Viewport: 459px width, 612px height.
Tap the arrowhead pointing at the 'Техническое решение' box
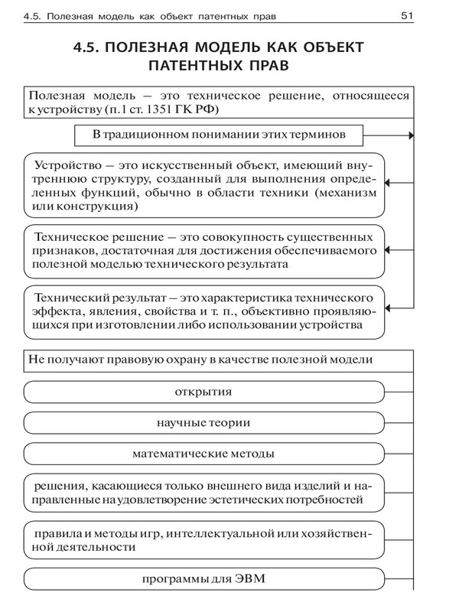[388, 250]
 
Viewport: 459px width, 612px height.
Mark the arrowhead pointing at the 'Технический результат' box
[388, 311]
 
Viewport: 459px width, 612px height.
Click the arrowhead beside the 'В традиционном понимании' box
[411, 135]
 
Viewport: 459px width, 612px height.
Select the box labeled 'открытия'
[203, 392]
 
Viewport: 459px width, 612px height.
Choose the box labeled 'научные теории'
[203, 422]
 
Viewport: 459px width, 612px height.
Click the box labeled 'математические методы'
[203, 453]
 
